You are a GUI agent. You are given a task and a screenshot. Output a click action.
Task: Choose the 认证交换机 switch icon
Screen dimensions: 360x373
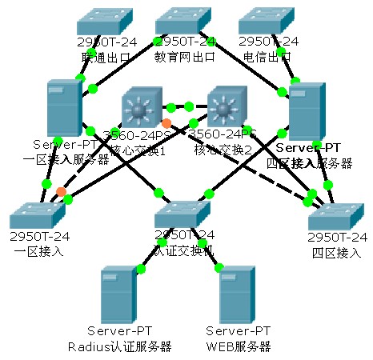click(183, 214)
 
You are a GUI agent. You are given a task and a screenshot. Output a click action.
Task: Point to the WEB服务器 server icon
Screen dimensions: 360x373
click(238, 295)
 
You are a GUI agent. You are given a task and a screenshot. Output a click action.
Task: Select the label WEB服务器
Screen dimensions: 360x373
click(238, 346)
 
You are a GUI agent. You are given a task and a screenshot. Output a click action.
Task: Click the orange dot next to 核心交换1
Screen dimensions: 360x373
click(166, 122)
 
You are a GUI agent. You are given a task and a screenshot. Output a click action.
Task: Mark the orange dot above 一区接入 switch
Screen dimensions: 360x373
click(61, 191)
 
